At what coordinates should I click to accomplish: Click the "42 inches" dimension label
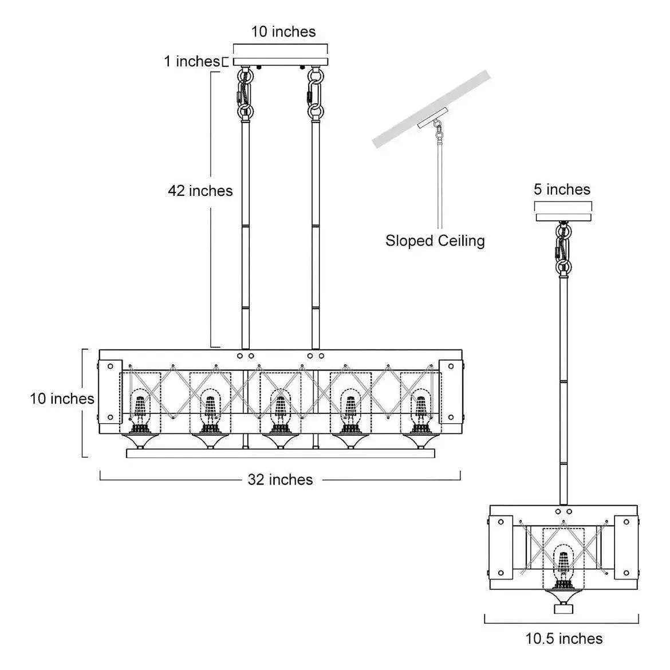tap(200, 191)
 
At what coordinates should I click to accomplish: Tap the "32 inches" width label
tap(280, 479)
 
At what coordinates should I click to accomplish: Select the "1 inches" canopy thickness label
tap(192, 61)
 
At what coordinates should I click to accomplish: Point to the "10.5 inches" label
tap(564, 639)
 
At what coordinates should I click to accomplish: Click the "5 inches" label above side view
tap(562, 190)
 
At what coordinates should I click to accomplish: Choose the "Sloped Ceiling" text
tap(435, 241)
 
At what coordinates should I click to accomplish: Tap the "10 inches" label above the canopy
tap(283, 31)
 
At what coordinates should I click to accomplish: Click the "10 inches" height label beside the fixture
tap(62, 399)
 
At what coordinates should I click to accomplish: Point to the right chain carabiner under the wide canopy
tap(316, 94)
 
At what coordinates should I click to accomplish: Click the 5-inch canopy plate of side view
tap(563, 217)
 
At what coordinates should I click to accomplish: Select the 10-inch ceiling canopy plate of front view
tap(281, 61)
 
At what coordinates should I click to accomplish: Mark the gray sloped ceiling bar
tap(432, 109)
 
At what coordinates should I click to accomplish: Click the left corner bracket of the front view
tap(111, 392)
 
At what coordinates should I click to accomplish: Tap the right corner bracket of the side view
tap(626, 547)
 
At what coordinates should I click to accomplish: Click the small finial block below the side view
tap(563, 609)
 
